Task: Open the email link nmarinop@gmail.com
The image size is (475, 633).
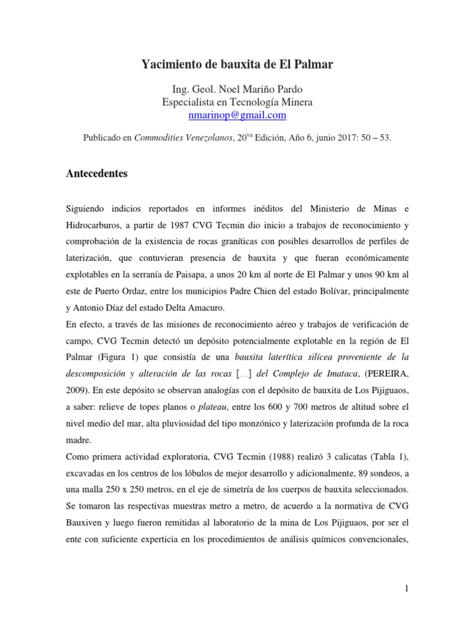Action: pyautogui.click(x=237, y=114)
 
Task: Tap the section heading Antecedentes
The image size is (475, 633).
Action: pyautogui.click(x=96, y=174)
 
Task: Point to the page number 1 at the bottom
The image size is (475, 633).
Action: pyautogui.click(x=406, y=588)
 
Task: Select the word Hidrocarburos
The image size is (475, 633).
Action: pyautogui.click(x=94, y=223)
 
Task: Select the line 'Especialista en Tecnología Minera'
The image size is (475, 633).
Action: pyautogui.click(x=237, y=101)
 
